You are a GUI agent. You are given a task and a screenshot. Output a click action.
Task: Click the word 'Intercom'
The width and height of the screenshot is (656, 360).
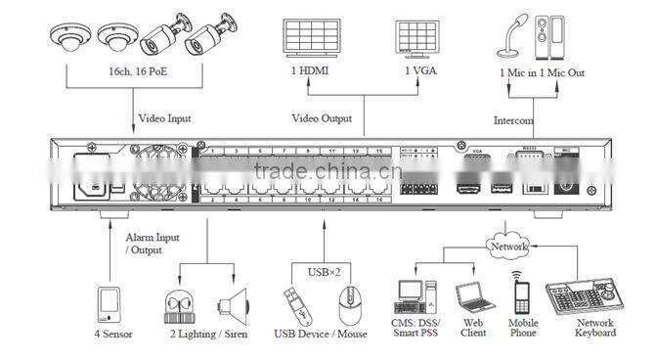tap(513, 122)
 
